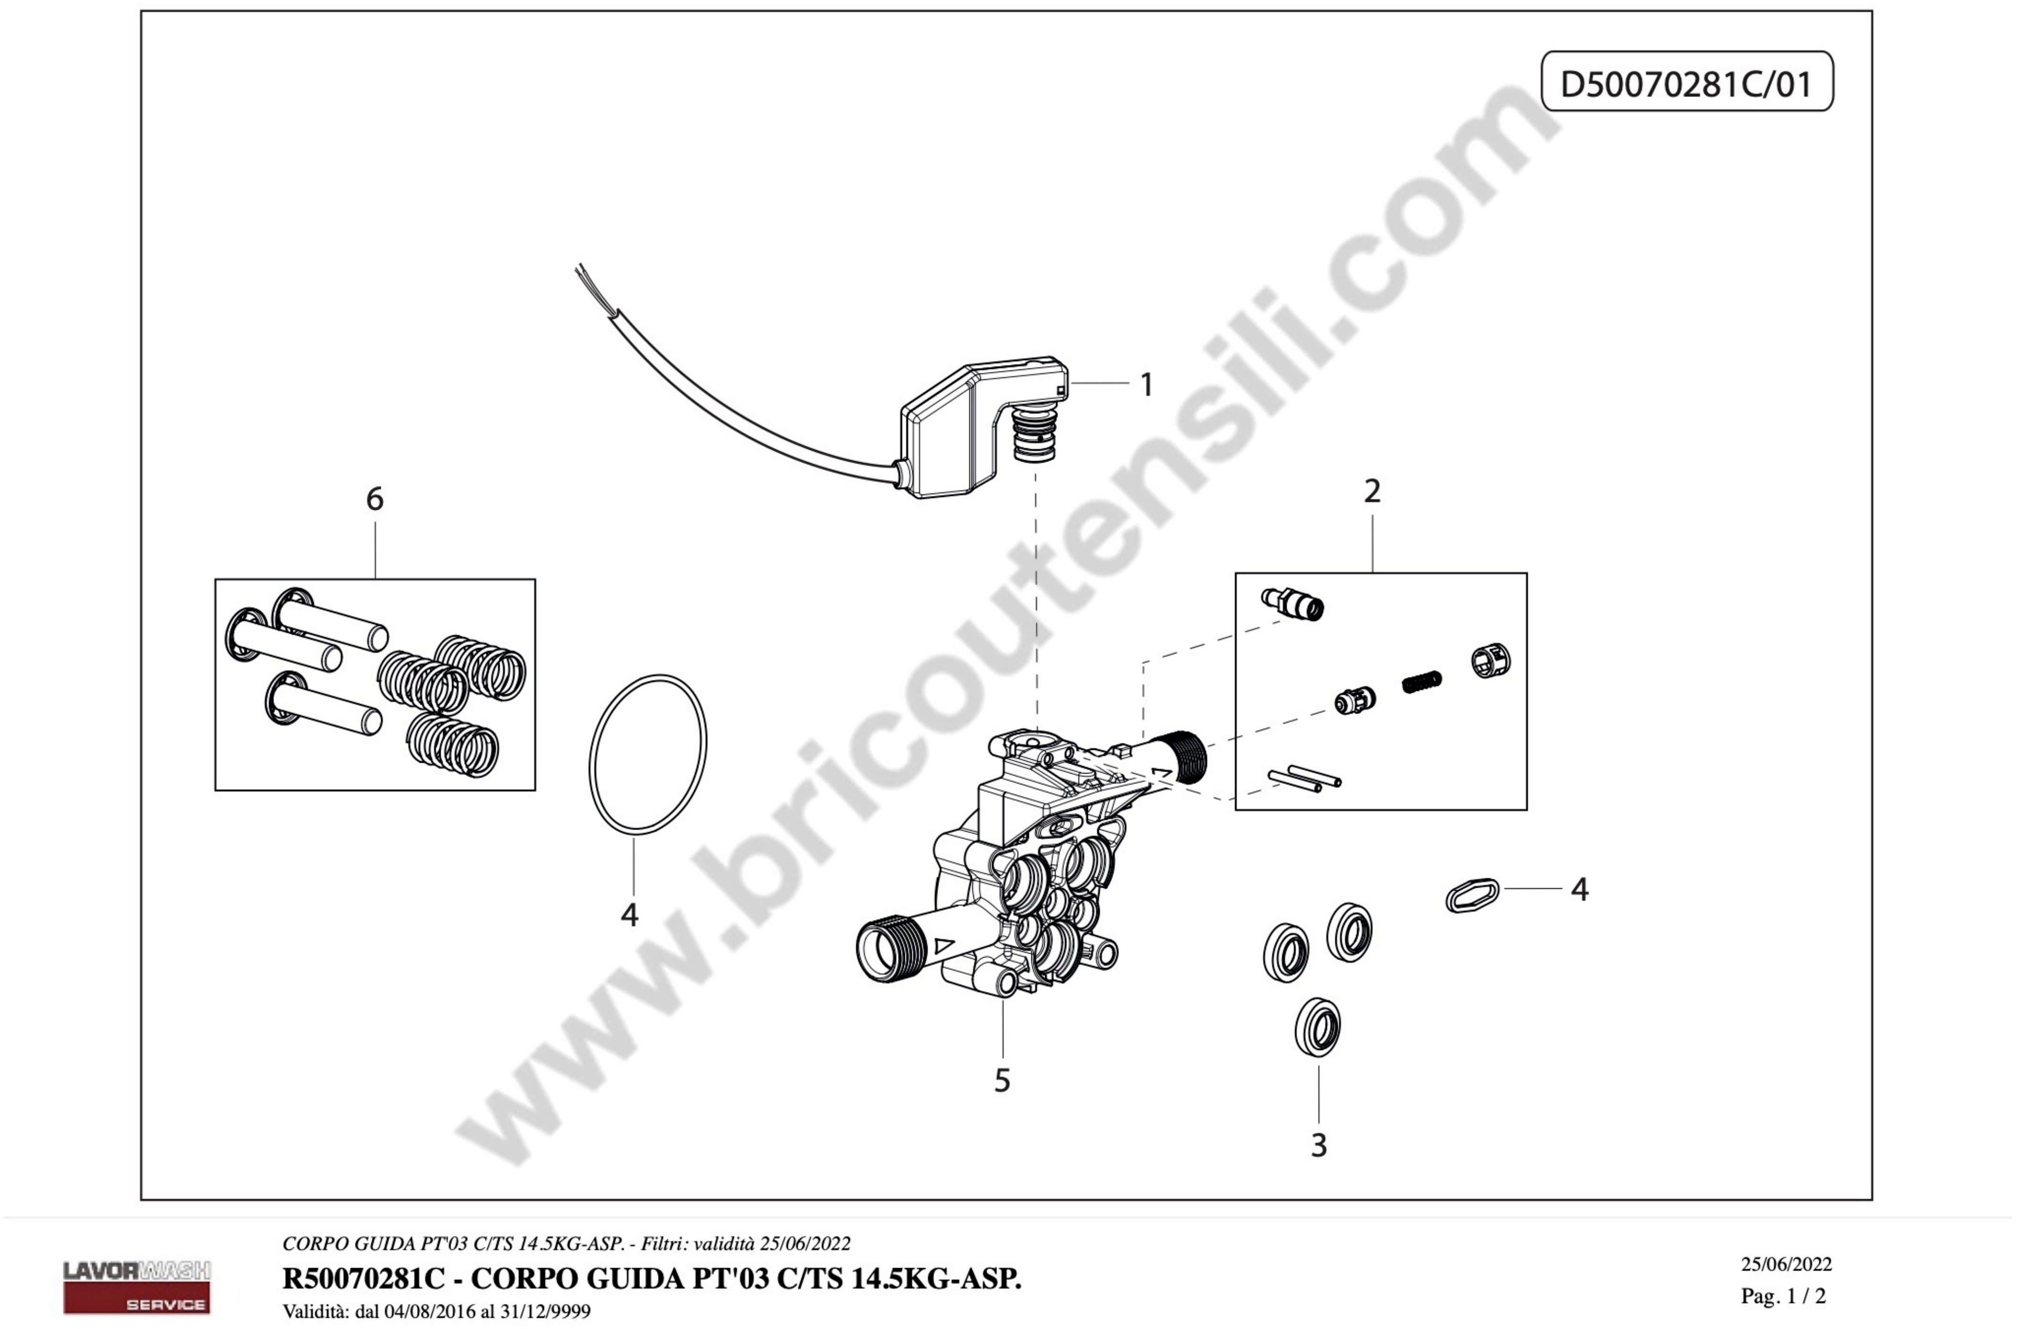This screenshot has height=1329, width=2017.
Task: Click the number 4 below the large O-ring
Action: (x=629, y=916)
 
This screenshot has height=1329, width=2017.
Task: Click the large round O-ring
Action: (x=591, y=754)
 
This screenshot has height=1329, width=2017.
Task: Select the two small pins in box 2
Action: (x=1304, y=778)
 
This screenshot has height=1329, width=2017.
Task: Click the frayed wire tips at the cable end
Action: (x=585, y=276)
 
